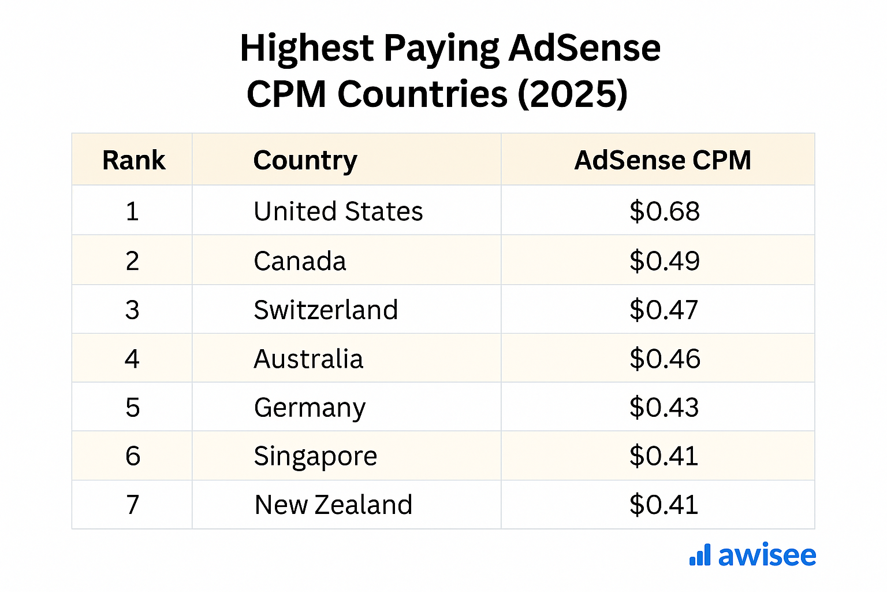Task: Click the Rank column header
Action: [x=133, y=160]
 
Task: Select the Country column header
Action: [x=305, y=160]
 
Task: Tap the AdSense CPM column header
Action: [x=662, y=160]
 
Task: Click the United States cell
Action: [x=338, y=211]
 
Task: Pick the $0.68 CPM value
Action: [x=664, y=211]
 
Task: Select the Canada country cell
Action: [x=300, y=261]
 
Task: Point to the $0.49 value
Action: [x=664, y=261]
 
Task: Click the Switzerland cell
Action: [x=326, y=310]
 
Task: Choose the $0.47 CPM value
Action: [x=664, y=310]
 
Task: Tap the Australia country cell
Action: [x=308, y=359]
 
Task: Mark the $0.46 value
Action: [x=665, y=359]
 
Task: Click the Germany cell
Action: [x=310, y=408]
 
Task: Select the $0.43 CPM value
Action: [x=664, y=408]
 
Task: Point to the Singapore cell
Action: [x=315, y=456]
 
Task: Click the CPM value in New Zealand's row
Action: [x=664, y=505]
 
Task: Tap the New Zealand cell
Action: [x=333, y=505]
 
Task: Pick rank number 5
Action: [x=133, y=408]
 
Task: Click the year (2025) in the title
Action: [x=572, y=94]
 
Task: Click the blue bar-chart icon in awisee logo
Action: [x=700, y=554]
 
